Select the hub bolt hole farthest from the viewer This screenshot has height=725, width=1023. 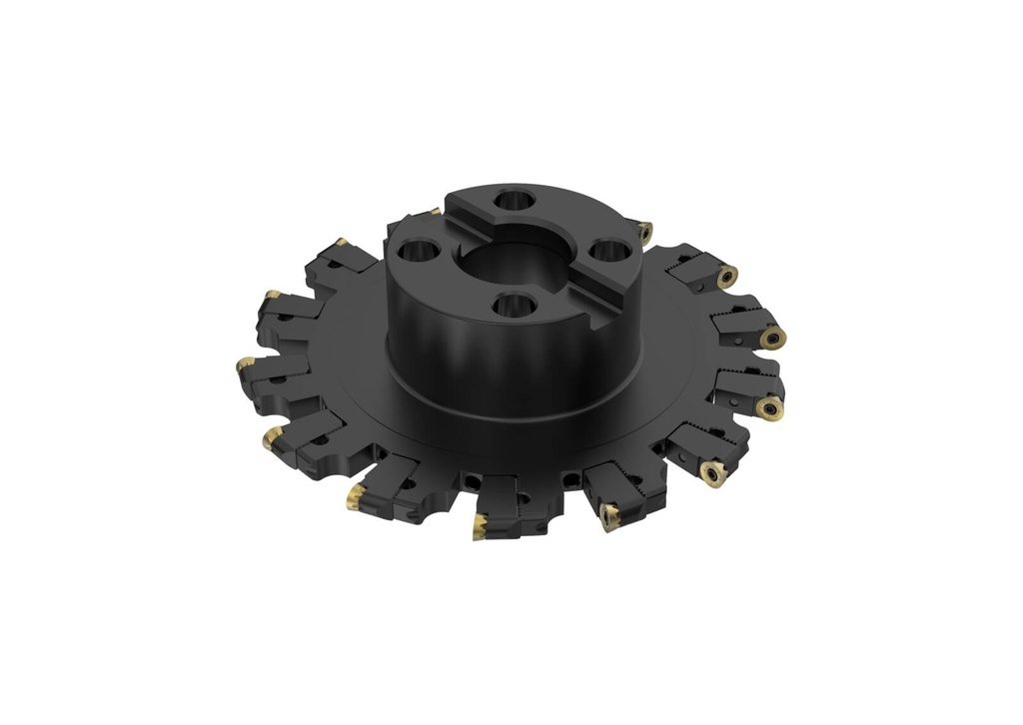[512, 199]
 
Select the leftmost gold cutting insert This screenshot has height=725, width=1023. [244, 366]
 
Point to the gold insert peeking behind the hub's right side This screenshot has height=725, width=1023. [645, 231]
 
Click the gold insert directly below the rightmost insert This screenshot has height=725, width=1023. [771, 406]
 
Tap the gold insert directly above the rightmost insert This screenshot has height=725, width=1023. [729, 276]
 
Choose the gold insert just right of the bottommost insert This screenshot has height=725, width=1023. [608, 515]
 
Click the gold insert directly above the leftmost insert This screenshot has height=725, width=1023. [271, 298]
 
